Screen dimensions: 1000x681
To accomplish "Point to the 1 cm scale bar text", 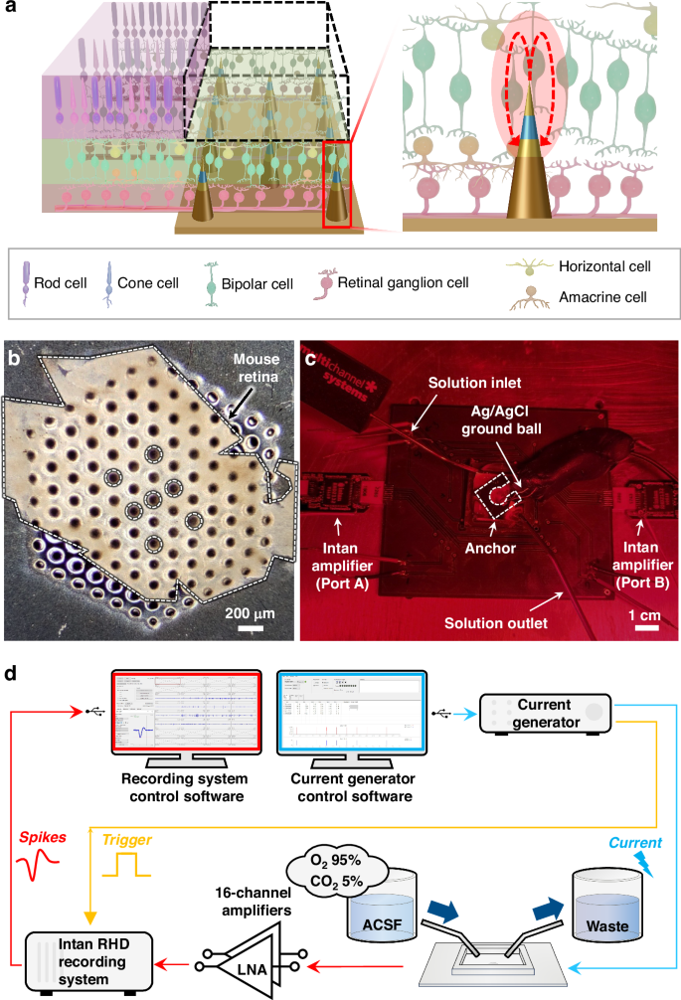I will (647, 612).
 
